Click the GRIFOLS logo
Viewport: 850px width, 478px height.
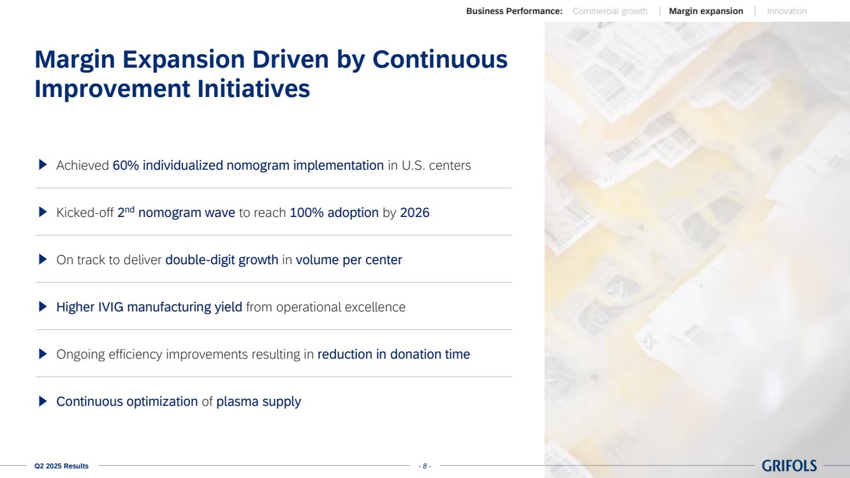click(789, 465)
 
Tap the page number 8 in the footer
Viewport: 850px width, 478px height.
click(425, 466)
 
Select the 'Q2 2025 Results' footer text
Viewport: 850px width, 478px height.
click(61, 466)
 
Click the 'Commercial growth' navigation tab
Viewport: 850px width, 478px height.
click(610, 11)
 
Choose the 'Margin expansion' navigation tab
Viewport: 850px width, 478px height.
click(706, 11)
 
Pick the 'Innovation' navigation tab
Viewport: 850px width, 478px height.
click(787, 11)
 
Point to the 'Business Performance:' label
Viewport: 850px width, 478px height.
click(514, 11)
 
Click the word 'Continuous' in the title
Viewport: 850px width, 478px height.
click(440, 59)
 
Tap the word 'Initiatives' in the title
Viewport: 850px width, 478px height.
click(254, 89)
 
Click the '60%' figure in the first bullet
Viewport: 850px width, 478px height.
click(126, 165)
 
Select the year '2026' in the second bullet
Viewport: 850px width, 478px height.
click(414, 213)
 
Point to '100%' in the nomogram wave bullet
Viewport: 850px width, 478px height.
click(307, 213)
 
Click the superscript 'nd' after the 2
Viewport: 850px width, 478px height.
click(130, 209)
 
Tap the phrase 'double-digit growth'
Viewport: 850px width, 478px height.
click(222, 260)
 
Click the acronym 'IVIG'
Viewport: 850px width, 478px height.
click(110, 307)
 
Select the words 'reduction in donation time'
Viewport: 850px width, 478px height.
click(393, 354)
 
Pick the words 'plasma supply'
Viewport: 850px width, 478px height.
click(258, 401)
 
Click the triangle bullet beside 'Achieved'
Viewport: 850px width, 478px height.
click(43, 165)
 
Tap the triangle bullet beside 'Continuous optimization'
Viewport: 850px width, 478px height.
click(43, 401)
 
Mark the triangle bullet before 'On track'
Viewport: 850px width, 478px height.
click(43, 259)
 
